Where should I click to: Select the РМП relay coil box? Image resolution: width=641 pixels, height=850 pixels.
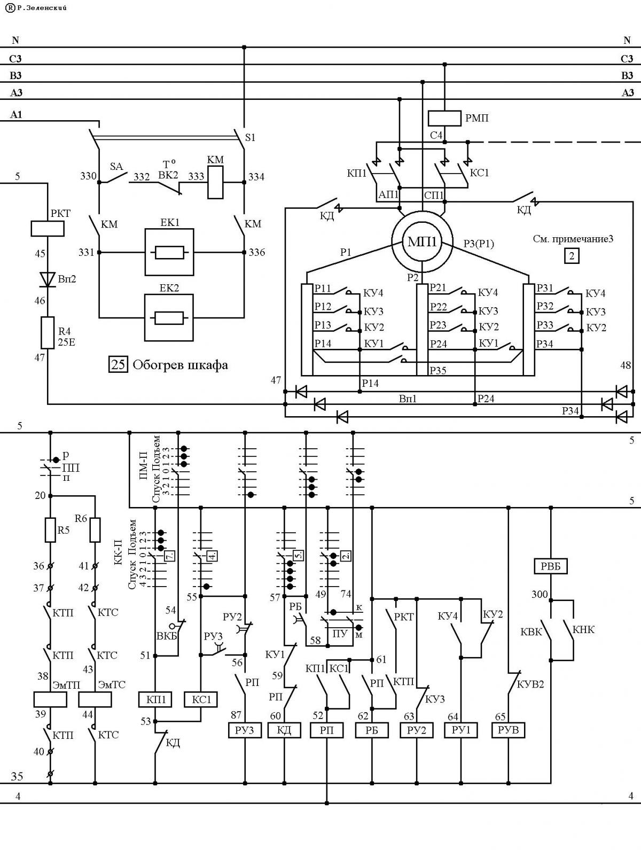(x=444, y=118)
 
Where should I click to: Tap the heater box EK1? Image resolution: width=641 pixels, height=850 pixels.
(x=169, y=252)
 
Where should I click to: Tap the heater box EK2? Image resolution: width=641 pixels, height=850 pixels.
(x=169, y=317)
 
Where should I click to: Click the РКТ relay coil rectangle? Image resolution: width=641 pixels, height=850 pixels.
(x=47, y=229)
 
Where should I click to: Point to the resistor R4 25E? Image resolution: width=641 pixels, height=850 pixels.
(x=47, y=333)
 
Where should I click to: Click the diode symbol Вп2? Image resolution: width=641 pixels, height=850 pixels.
(x=47, y=279)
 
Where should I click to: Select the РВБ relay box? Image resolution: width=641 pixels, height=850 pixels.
(x=550, y=566)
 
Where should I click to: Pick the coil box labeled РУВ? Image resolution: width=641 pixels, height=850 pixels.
(x=508, y=730)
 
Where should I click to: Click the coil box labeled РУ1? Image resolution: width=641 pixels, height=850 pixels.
(x=460, y=730)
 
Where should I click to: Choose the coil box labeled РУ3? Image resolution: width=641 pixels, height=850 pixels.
(x=244, y=730)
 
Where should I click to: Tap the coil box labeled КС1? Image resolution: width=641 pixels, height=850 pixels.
(x=200, y=699)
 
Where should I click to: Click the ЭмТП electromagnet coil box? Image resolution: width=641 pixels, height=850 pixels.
(x=50, y=699)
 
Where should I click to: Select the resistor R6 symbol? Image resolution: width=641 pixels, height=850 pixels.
(x=95, y=530)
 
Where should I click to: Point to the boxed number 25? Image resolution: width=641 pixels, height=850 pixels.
(x=118, y=364)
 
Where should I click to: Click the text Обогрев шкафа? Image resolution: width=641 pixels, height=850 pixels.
(x=181, y=365)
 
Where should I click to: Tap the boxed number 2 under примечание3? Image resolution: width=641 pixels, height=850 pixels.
(x=572, y=256)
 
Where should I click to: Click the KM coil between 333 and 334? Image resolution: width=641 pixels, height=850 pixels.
(x=215, y=182)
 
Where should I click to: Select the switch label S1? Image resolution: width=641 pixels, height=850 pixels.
(x=250, y=137)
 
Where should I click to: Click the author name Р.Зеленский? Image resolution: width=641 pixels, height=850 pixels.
(x=42, y=7)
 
